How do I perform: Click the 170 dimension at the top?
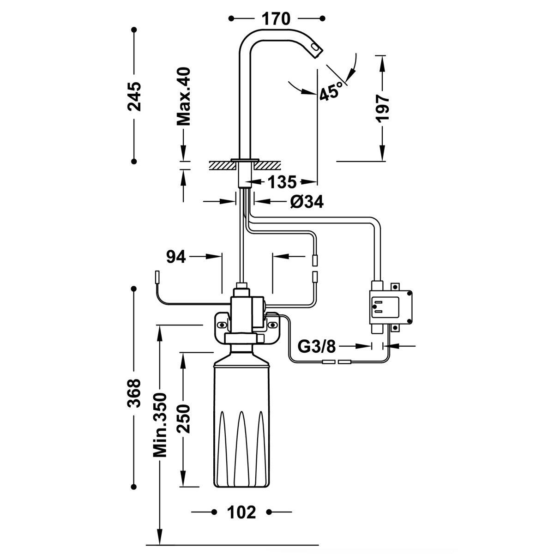coord(276,19)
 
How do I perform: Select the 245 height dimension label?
coord(134,96)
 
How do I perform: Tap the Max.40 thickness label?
coord(184,96)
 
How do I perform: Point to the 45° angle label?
coord(332,90)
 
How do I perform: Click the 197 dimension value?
coord(383,108)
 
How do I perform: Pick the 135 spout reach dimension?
coord(282,182)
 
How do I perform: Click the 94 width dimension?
coord(176,256)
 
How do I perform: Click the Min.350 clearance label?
coord(160,425)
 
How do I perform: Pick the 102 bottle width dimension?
coord(241,512)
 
